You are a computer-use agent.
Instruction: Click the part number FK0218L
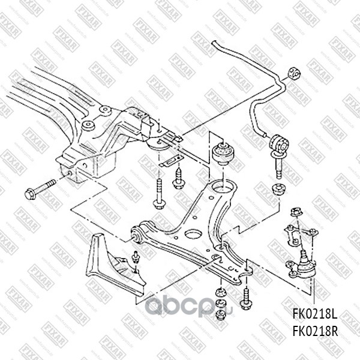(x=315, y=313)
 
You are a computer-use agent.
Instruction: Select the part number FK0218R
(x=315, y=329)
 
